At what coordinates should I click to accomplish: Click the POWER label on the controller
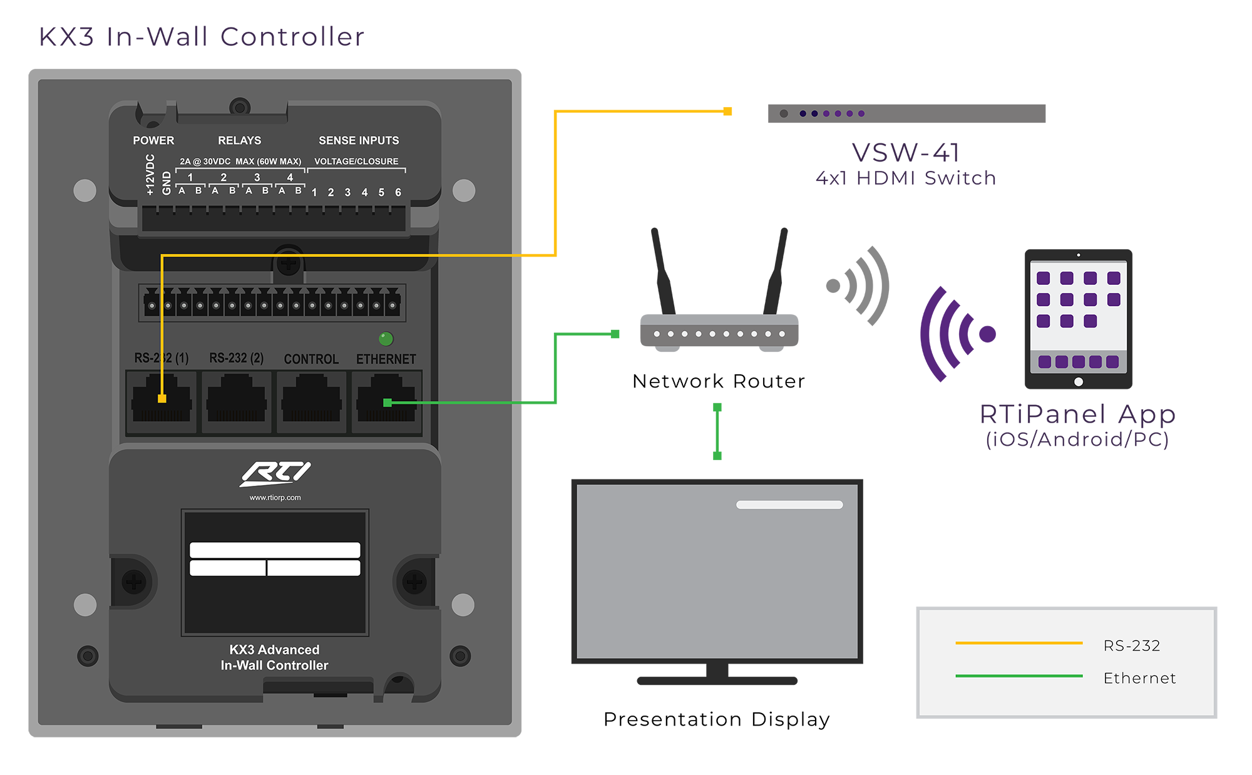pos(153,140)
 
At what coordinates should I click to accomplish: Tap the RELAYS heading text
pos(239,140)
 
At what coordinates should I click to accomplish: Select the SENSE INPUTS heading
pos(358,140)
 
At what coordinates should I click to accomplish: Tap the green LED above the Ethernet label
pos(386,339)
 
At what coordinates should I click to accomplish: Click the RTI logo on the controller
pos(275,473)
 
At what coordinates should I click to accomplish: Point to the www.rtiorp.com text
pos(275,498)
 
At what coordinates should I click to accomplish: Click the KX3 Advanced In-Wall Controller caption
pos(274,657)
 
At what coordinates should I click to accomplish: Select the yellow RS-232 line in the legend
pos(1019,643)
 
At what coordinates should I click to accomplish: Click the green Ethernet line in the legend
pos(1019,676)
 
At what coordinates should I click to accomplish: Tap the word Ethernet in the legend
pos(1139,678)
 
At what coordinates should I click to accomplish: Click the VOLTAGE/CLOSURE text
pos(356,162)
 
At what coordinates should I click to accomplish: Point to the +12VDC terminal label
pos(150,175)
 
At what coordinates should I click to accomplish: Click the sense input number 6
pos(398,192)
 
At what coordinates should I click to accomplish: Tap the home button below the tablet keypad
pos(1078,382)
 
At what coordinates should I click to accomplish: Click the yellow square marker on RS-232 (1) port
pos(162,399)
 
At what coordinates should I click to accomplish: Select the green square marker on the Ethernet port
pos(387,403)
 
